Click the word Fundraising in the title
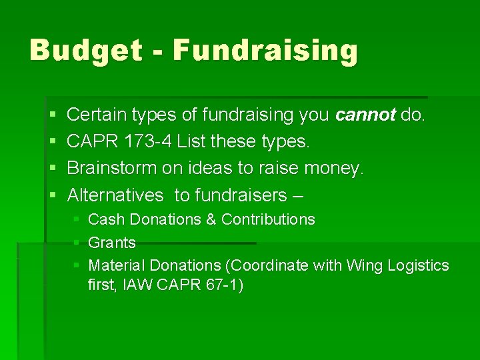(x=265, y=51)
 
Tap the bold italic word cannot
(x=366, y=115)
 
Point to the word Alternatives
(x=115, y=195)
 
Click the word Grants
(x=112, y=243)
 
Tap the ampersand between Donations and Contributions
(x=211, y=219)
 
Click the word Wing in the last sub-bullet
(x=363, y=265)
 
